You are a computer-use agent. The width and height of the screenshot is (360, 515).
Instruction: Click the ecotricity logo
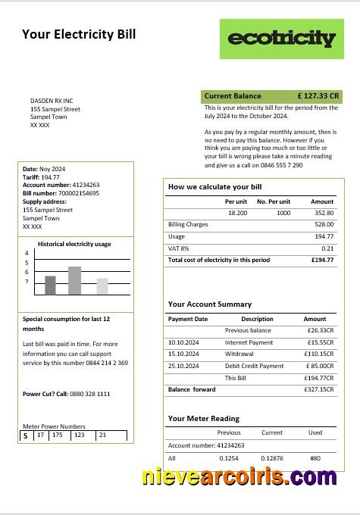pyautogui.click(x=281, y=39)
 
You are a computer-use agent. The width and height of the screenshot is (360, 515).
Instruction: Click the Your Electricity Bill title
pyautogui.click(x=79, y=34)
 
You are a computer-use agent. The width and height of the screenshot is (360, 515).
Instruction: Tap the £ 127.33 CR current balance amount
pyautogui.click(x=318, y=96)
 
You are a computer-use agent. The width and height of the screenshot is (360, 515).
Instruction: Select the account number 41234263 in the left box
pyautogui.click(x=86, y=185)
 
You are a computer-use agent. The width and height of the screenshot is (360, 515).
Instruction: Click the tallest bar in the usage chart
pyautogui.click(x=74, y=280)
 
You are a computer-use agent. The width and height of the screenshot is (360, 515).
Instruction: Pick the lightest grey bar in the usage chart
pyautogui.click(x=102, y=286)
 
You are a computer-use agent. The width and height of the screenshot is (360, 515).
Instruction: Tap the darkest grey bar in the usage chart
pyautogui.click(x=50, y=285)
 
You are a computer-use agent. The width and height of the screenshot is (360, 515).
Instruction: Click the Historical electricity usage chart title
pyautogui.click(x=74, y=244)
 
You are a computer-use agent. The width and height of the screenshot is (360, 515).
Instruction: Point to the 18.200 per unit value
pyautogui.click(x=237, y=213)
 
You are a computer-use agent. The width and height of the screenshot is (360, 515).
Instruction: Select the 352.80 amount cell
pyautogui.click(x=323, y=213)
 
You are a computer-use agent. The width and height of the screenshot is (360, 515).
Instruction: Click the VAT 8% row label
pyautogui.click(x=178, y=248)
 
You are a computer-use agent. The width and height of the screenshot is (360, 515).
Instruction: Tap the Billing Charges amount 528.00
pyautogui.click(x=324, y=225)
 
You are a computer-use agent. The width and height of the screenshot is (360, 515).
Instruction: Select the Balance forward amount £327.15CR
pyautogui.click(x=318, y=389)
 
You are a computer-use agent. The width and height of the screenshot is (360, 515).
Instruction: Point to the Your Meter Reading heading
pyautogui.click(x=203, y=418)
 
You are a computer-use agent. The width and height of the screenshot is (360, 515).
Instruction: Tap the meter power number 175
pyautogui.click(x=58, y=435)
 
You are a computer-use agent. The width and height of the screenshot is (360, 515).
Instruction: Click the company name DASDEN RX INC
pyautogui.click(x=52, y=101)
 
